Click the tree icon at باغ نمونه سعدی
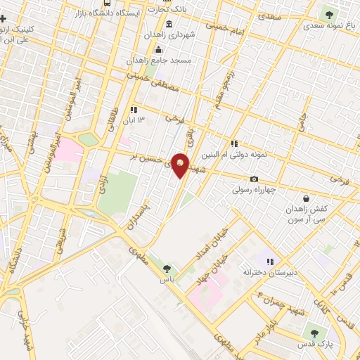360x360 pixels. [328, 13]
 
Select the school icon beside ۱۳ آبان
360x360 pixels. [132, 110]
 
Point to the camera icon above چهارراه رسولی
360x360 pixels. [254, 179]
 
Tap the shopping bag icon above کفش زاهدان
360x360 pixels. [305, 198]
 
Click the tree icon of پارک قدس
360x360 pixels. [314, 333]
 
